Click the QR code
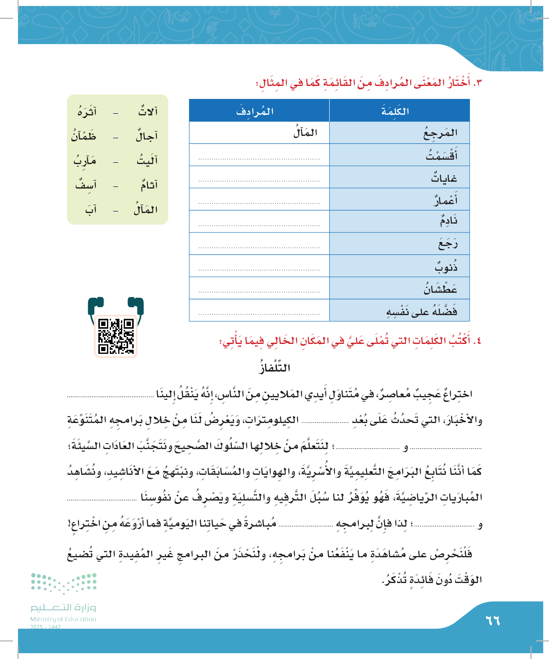click(116, 336)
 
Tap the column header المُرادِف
click(255, 111)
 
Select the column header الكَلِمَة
click(395, 111)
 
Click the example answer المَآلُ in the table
click(305, 133)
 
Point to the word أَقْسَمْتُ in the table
click(441, 155)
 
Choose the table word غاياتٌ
click(444, 178)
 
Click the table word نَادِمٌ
click(448, 221)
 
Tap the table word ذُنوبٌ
click(446, 266)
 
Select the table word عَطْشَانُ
click(440, 288)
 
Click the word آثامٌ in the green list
click(149, 185)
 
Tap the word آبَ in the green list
click(91, 210)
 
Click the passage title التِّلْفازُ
click(274, 367)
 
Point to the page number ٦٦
click(493, 621)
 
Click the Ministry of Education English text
click(63, 619)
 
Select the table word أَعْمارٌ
click(445, 200)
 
